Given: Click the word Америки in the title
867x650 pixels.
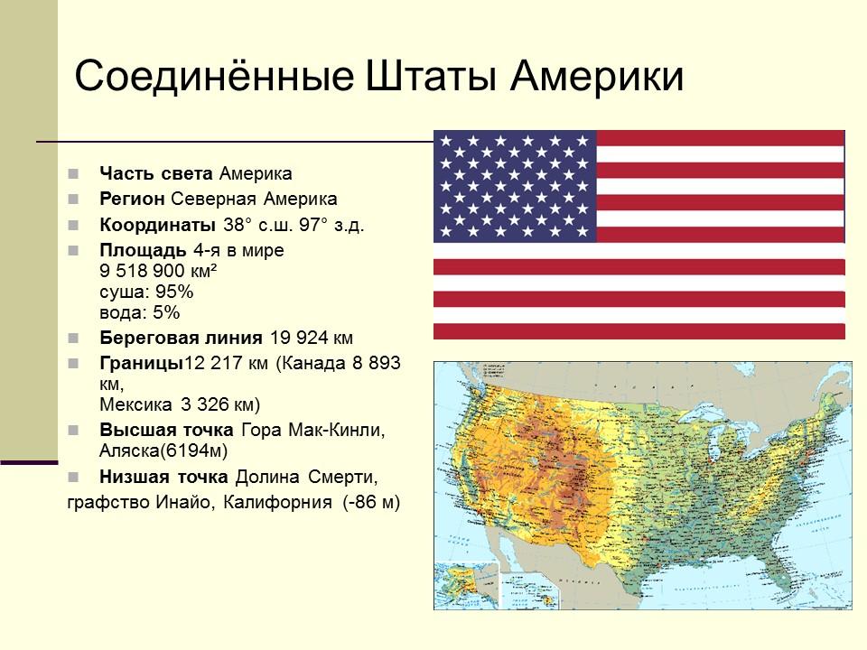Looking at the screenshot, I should click(599, 77).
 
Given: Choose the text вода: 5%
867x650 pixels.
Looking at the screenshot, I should click(140, 313).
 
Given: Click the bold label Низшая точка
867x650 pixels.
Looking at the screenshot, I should click(164, 476).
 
